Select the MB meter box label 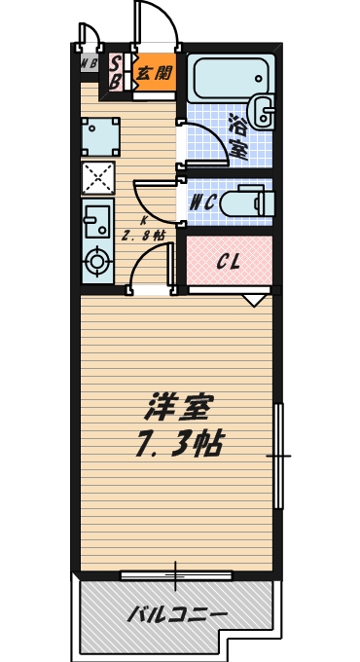(90, 65)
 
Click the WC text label (202, 203)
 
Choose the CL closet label (229, 262)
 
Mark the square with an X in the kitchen (98, 177)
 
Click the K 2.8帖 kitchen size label (142, 229)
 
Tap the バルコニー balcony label (178, 614)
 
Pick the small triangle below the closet (256, 301)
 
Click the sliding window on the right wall (279, 455)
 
